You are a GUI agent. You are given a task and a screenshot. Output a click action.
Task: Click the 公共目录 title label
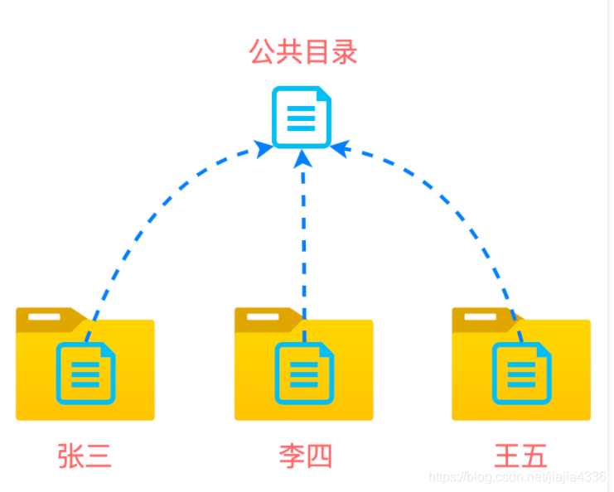tap(303, 52)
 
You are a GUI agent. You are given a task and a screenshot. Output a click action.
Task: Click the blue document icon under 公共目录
tap(302, 118)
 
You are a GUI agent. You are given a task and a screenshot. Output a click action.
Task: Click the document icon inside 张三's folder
tap(85, 374)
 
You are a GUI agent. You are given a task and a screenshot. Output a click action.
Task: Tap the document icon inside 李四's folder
tap(304, 374)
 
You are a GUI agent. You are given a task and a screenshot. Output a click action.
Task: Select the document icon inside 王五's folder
tap(521, 374)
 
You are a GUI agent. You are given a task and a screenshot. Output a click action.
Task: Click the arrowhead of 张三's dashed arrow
tap(263, 149)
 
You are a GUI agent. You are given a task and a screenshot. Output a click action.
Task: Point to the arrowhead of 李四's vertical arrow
tap(303, 158)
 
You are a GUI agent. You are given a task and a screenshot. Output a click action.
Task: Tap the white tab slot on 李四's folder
tap(263, 316)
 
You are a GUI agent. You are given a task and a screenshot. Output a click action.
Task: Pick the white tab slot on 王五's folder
tap(480, 316)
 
